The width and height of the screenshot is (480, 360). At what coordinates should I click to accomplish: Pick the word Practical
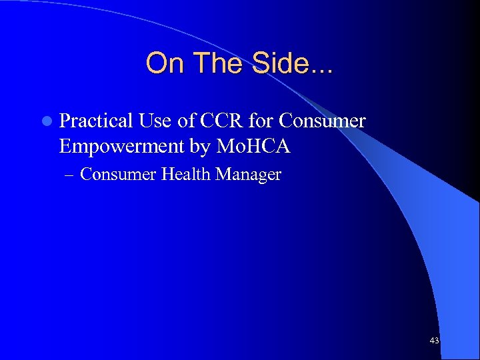pyautogui.click(x=96, y=121)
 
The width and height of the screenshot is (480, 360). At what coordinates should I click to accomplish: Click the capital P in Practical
pyautogui.click(x=65, y=121)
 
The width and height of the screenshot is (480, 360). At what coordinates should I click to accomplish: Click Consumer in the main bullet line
pyautogui.click(x=323, y=121)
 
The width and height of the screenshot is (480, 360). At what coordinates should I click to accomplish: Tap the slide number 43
pyautogui.click(x=435, y=341)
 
